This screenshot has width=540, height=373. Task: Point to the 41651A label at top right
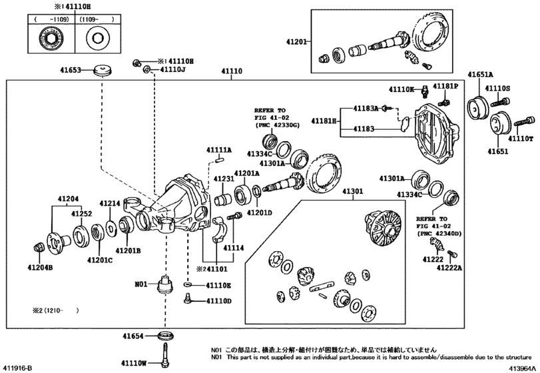pos(480,75)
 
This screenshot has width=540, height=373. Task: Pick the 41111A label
pos(218,150)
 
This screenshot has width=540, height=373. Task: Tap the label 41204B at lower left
pos(40,267)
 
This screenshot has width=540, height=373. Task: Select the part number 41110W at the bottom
pos(135,362)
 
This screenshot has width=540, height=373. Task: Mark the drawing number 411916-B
pos(17,368)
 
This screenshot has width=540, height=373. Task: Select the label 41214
pos(111,203)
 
